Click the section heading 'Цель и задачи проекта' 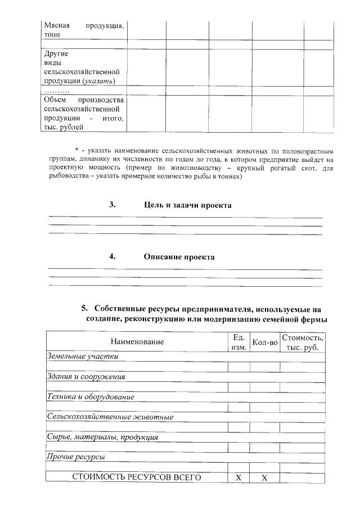pos(187,205)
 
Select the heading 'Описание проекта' pos(179,257)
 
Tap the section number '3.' pos(112,205)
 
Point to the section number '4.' pos(112,257)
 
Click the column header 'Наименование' pos(137,342)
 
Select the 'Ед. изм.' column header pos(238,342)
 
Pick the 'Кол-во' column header pos(265,342)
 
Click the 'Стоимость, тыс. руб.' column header pos(303,342)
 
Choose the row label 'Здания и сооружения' pos(85,377)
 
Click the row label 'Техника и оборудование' pos(90,397)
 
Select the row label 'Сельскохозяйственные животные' pos(110,417)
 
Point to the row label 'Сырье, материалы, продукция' pos(102,437)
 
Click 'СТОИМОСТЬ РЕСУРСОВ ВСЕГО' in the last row pos(137,477)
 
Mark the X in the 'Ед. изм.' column pos(238,478)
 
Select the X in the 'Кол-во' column pos(265,478)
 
